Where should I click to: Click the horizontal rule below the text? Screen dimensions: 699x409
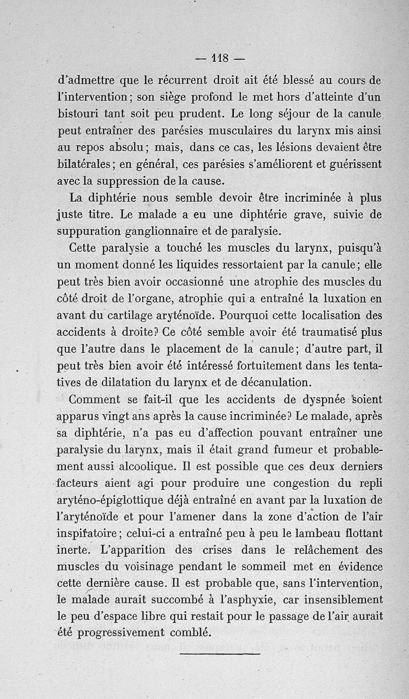coord(220,653)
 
